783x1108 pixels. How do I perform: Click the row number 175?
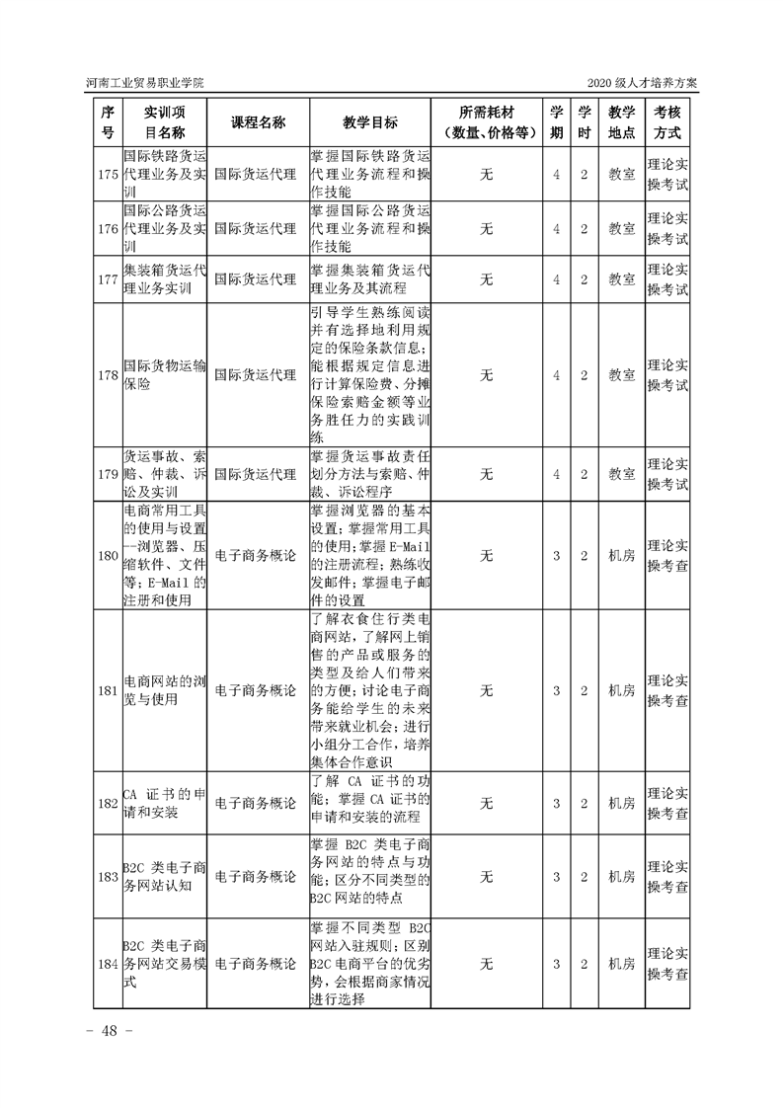[108, 175]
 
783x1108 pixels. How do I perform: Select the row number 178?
[108, 375]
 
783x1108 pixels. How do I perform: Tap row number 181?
[108, 690]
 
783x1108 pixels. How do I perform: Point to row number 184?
[108, 963]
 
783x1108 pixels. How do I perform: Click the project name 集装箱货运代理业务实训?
[165, 279]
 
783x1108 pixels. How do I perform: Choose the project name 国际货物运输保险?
[165, 375]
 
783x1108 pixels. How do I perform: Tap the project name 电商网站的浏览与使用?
[165, 690]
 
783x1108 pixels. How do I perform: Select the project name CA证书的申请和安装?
[165, 803]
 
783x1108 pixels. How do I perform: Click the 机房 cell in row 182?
[621, 803]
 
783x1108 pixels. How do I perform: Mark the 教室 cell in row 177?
[621, 279]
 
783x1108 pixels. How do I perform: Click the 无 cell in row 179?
[486, 474]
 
